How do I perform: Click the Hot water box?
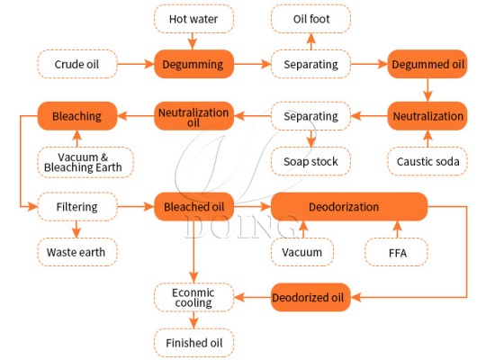[193, 18]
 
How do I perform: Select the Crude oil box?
[76, 64]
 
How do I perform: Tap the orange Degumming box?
[193, 64]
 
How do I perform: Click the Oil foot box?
[310, 18]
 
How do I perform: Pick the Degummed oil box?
[427, 64]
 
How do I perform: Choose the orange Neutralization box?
[427, 116]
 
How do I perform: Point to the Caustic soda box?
[427, 162]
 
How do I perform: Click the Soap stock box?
[310, 162]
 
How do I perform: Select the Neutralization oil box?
[193, 116]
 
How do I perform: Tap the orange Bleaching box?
[76, 116]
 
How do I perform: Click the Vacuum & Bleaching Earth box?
[86, 162]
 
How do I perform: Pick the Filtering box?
[76, 207]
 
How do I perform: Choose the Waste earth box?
[76, 252]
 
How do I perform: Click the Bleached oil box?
[193, 207]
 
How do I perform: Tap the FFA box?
[397, 252]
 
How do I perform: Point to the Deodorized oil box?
[310, 297]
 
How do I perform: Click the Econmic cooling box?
[193, 297]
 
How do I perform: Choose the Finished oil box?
[193, 343]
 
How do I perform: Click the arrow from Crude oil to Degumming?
[135, 64]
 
